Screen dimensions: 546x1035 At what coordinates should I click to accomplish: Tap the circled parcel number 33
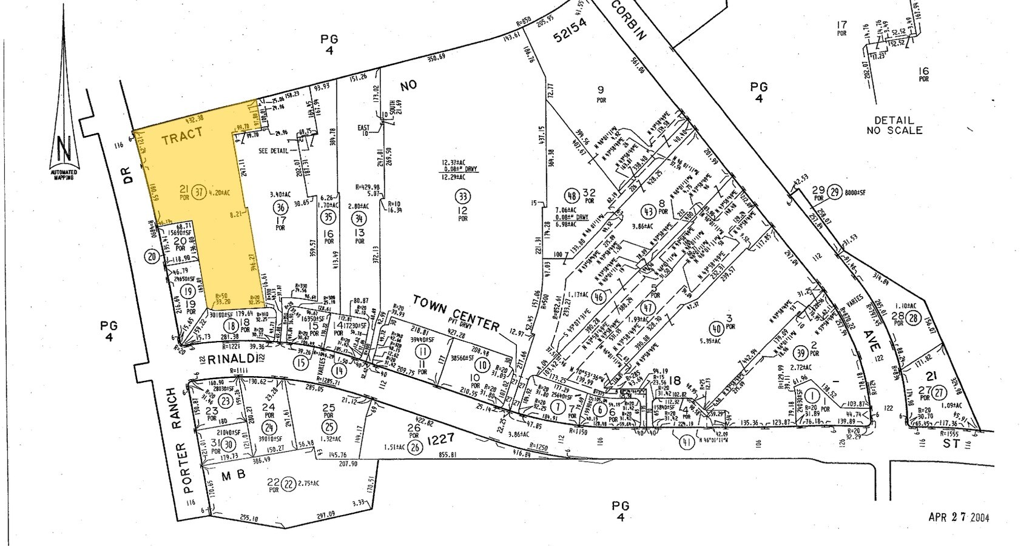463,196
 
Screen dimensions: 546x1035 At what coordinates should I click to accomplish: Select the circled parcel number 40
716,329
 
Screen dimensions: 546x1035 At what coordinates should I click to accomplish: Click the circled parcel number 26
415,448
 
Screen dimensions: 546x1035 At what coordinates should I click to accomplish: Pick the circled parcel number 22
289,484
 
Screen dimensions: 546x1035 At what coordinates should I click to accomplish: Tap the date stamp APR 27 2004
959,517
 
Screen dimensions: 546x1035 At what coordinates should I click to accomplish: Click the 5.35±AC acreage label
717,342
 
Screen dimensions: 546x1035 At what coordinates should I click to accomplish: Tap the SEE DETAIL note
275,150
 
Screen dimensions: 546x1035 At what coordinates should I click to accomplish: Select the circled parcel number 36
281,207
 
